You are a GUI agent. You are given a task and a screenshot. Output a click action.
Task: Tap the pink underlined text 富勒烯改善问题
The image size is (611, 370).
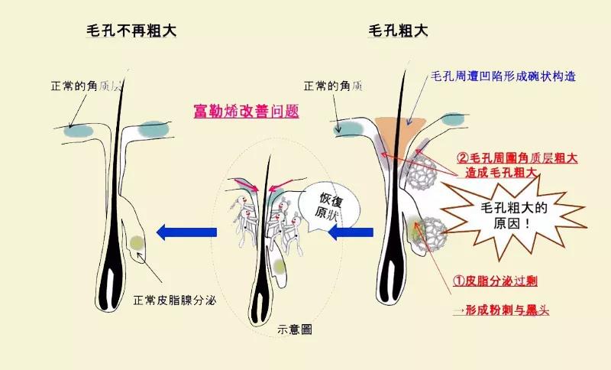click(246, 111)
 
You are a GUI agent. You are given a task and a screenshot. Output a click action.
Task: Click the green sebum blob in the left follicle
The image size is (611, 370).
click(136, 242)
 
